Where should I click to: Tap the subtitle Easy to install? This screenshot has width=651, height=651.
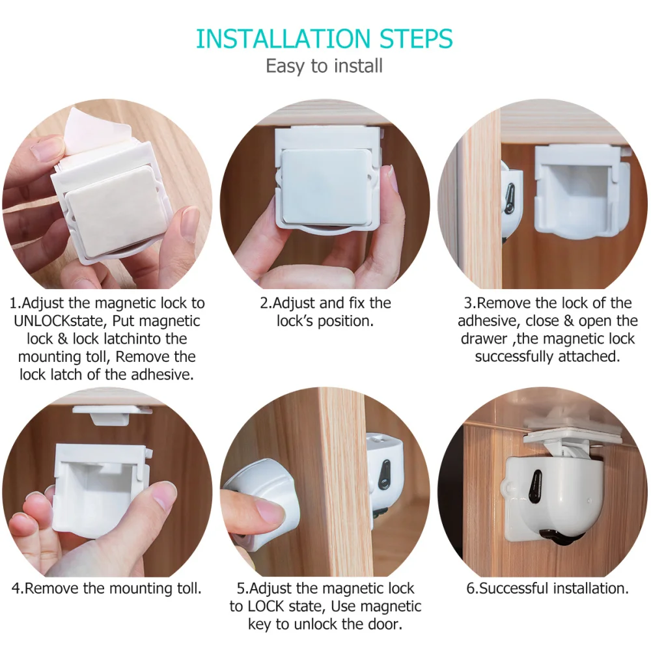324,66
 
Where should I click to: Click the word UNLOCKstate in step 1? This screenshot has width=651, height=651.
55,321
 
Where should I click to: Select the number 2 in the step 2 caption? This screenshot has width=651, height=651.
264,303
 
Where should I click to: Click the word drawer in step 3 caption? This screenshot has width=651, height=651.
482,339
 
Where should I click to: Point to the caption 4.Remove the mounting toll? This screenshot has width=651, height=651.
107,589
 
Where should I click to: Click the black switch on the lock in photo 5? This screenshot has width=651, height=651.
385,475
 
